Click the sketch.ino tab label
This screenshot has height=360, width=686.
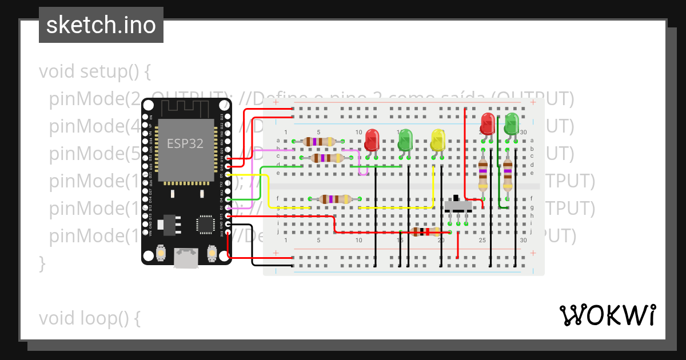(101, 25)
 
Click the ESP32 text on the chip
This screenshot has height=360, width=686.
(185, 143)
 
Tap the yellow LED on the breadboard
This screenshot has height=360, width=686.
(438, 140)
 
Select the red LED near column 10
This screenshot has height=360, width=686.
(372, 139)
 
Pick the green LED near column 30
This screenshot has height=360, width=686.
(512, 123)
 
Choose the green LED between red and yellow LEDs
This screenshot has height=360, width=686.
(405, 139)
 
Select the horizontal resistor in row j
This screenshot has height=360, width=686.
(425, 231)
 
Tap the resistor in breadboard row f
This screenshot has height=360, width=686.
(335, 199)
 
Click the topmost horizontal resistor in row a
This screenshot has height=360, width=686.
(318, 141)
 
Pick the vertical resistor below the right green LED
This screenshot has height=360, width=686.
(508, 173)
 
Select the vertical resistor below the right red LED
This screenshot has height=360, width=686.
(483, 173)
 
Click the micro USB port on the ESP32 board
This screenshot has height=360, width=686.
(185, 258)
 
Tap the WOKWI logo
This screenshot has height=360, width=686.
(607, 315)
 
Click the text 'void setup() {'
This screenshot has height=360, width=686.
(94, 72)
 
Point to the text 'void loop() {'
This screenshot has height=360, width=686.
(89, 318)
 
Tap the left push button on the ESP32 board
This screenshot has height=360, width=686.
(161, 253)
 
